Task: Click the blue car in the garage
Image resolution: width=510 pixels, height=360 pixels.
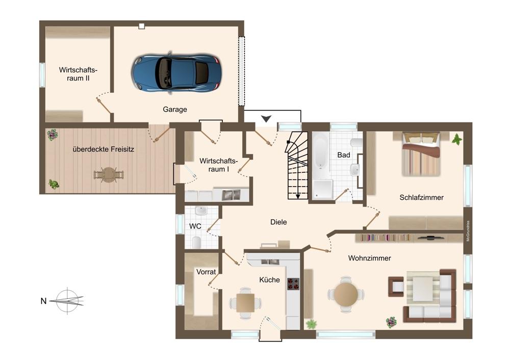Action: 176,73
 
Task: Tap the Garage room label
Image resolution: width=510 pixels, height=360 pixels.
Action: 175,109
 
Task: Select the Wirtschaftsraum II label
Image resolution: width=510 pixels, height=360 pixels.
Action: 78,74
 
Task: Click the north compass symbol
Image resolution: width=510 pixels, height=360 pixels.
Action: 68,301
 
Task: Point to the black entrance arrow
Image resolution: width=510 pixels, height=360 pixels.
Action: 266,119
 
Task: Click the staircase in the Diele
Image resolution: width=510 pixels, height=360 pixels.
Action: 296,165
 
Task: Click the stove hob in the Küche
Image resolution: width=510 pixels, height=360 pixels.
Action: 293,284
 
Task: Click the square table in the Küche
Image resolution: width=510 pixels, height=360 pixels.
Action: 245,303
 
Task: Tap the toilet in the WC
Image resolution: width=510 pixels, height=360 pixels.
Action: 196,242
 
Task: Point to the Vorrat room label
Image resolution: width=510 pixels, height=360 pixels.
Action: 206,272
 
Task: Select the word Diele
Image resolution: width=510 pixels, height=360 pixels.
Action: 279,222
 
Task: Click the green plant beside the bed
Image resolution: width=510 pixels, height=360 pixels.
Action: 457,139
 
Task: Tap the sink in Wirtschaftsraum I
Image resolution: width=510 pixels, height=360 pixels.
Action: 231,195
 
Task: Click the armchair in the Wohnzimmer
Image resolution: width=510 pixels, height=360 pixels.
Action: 396,287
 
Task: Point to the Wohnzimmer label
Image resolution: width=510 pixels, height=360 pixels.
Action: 369,258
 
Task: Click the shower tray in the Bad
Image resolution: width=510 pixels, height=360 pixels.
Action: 322,190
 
